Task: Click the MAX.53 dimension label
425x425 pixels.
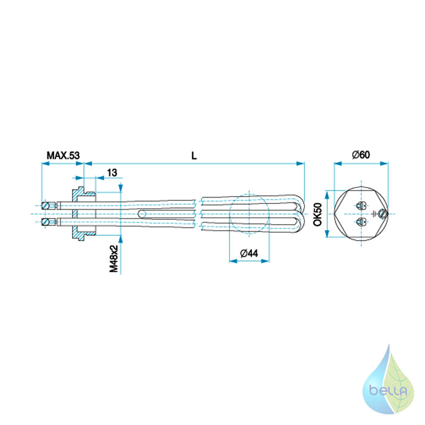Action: click(63, 156)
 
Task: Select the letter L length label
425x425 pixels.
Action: click(194, 156)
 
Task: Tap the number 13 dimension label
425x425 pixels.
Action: click(112, 173)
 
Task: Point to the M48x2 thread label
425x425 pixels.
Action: click(114, 259)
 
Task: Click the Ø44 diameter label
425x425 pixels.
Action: click(249, 253)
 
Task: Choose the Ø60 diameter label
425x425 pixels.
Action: click(361, 155)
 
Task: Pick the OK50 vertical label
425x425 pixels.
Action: click(318, 214)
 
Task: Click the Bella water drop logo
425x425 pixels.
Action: click(389, 379)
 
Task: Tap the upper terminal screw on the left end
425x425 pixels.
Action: click(46, 206)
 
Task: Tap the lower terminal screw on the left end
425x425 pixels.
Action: click(46, 222)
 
